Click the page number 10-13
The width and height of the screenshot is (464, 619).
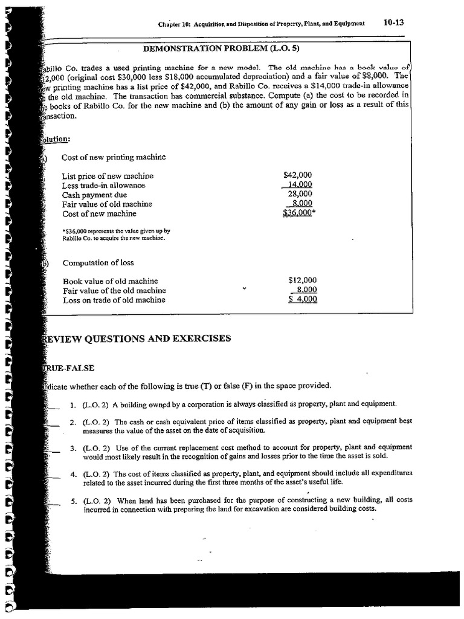coord(393,23)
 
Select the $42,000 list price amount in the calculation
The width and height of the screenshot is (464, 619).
coord(297,175)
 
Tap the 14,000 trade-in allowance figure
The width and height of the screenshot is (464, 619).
coord(300,185)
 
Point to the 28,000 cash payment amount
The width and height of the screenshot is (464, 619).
coord(300,194)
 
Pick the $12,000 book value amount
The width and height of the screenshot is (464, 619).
coord(303,280)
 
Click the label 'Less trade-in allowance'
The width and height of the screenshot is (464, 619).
coord(103,186)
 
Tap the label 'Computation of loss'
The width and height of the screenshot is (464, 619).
coord(98,263)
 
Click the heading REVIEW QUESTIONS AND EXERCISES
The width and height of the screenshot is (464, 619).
coord(137,339)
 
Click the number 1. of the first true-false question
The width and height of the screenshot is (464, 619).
coord(72,404)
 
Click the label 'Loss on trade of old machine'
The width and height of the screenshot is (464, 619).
coord(114,300)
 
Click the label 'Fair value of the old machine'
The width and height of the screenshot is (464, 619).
coord(114,290)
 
